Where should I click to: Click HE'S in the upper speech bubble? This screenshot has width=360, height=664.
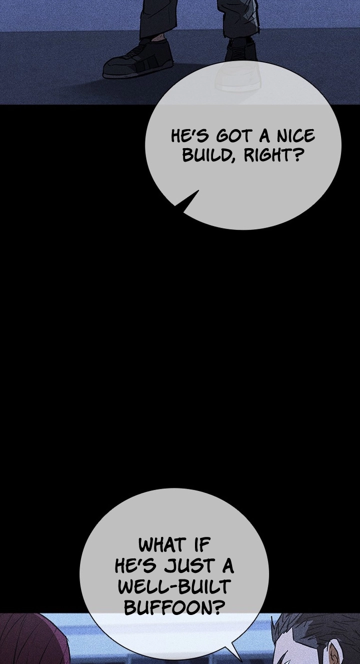click(190, 136)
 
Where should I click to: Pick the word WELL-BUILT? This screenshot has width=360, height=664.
click(174, 586)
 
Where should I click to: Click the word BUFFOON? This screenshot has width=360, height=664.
click(174, 607)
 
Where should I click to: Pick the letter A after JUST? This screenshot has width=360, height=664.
click(228, 566)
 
